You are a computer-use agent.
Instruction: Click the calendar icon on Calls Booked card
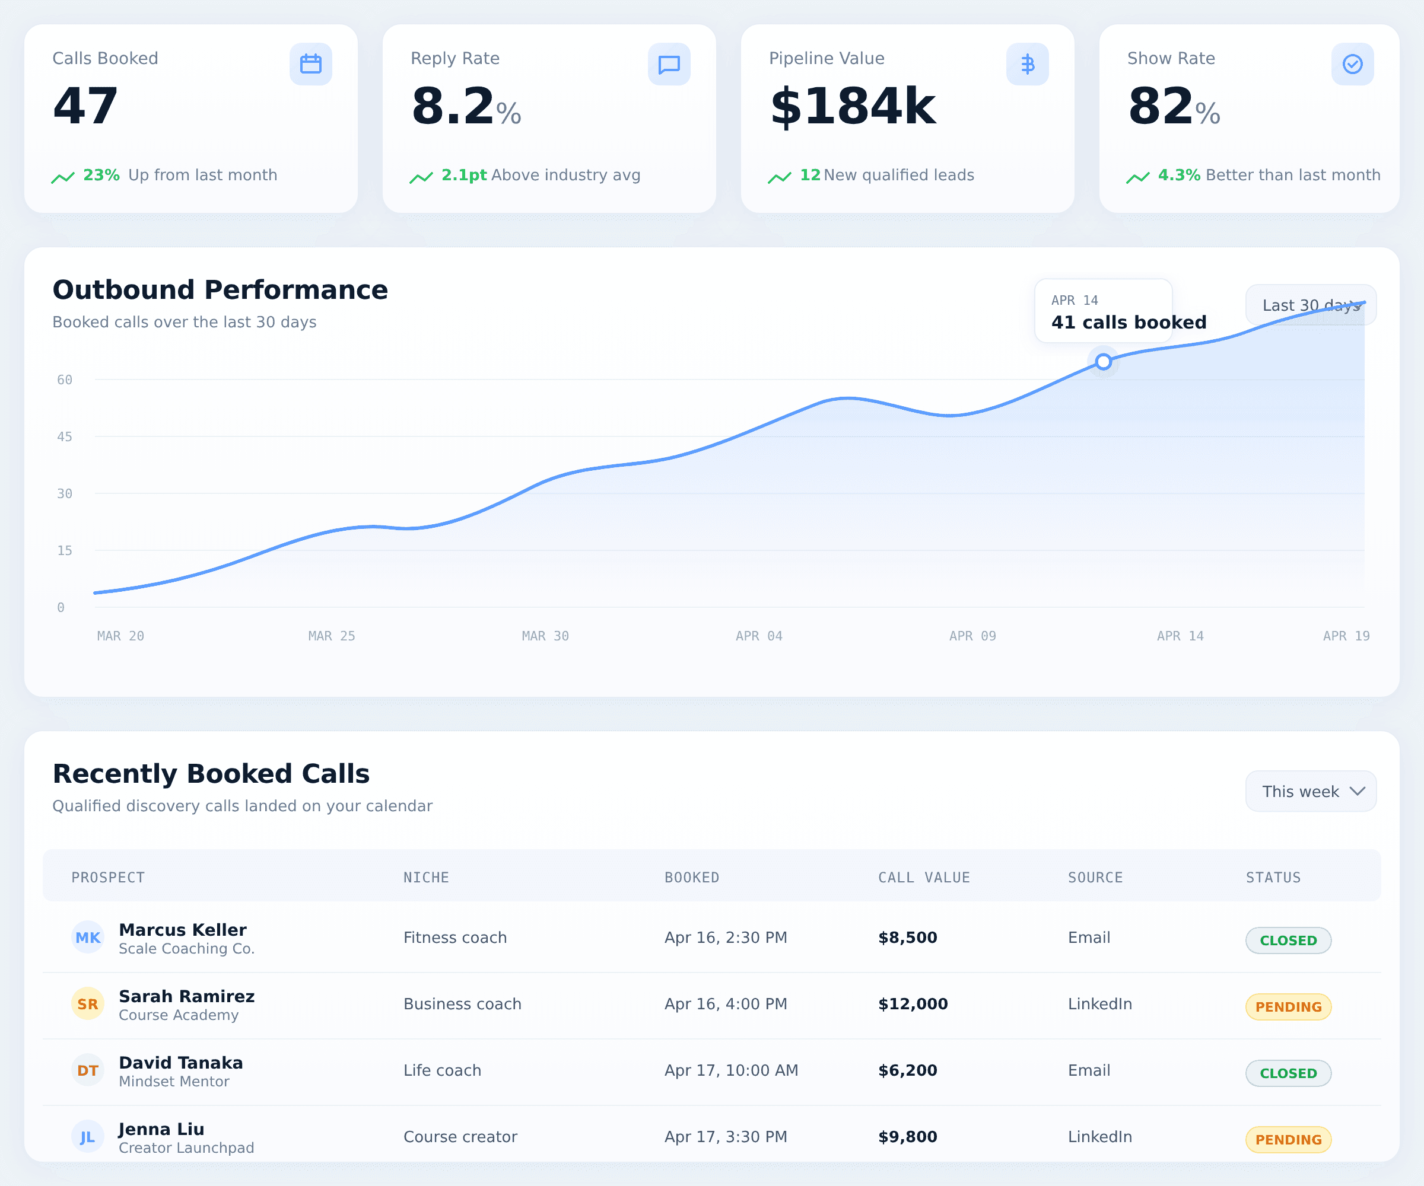pos(310,65)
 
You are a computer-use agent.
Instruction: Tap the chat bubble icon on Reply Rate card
pos(669,65)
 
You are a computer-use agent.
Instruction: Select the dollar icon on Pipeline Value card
pos(1027,65)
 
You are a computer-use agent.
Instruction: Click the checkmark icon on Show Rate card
pos(1352,65)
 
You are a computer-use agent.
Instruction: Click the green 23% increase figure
pos(101,176)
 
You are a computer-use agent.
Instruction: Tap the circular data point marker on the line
pos(1103,362)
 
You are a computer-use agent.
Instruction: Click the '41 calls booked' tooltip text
pos(1129,323)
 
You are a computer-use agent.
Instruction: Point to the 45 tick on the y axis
pos(65,437)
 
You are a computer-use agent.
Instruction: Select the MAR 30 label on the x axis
pos(545,636)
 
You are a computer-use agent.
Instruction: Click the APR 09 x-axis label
pos(972,636)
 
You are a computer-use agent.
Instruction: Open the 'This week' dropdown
pos(1311,792)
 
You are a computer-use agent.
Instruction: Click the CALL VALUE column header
pos(924,878)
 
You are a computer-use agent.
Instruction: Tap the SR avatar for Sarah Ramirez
pos(87,1005)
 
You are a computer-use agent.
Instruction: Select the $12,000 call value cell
pos(913,1005)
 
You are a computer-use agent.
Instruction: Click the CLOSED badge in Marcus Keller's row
pos(1288,940)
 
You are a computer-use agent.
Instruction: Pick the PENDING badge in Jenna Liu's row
pos(1288,1140)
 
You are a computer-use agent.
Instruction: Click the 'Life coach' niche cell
pos(442,1071)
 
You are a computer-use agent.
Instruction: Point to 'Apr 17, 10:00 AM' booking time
pos(731,1071)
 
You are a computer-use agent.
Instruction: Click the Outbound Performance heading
pos(220,290)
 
